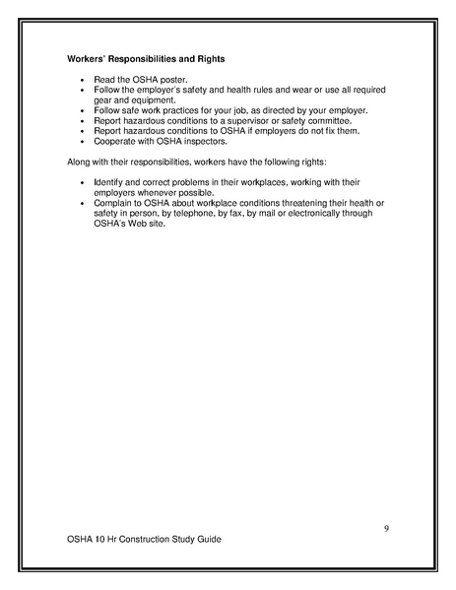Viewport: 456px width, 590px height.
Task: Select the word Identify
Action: [110, 183]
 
